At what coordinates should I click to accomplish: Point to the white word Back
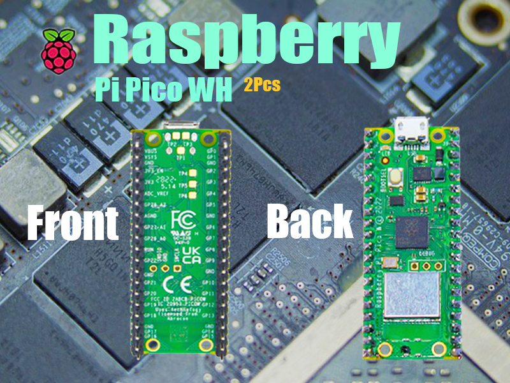pyautogui.click(x=310, y=221)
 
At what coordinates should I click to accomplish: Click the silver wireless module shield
pyautogui.click(x=411, y=297)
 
